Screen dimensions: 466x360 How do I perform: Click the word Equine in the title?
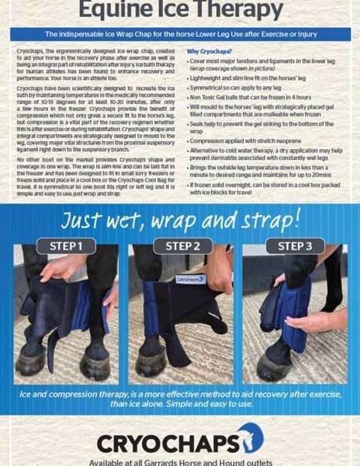105,12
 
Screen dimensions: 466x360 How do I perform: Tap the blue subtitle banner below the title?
179,36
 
